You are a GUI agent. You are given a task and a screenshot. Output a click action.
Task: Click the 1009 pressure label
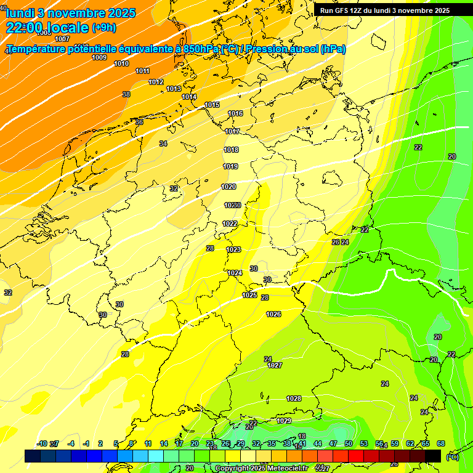[99, 57]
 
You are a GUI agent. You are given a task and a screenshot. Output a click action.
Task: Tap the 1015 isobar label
[212, 105]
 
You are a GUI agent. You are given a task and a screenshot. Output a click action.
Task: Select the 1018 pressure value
[231, 150]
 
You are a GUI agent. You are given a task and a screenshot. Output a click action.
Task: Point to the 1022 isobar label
[230, 224]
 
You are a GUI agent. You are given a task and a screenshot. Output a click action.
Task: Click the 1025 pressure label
[249, 295]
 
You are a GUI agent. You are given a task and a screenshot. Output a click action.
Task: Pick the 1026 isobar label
[273, 314]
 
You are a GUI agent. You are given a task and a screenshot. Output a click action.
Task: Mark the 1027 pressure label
[275, 365]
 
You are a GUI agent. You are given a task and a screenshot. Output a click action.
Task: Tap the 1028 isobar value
[294, 398]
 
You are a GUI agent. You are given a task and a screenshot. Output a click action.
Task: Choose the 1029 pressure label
[284, 421]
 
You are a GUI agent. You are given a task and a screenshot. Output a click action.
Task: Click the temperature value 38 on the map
[126, 94]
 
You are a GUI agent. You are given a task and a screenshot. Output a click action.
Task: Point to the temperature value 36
[139, 122]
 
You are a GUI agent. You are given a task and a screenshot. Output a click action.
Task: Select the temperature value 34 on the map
[163, 144]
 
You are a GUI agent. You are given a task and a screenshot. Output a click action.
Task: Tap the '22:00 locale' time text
[47, 28]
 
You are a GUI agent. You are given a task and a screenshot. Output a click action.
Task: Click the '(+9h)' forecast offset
[103, 28]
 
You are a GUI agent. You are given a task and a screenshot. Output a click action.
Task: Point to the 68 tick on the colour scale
[440, 443]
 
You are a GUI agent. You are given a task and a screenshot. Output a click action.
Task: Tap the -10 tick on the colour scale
[42, 443]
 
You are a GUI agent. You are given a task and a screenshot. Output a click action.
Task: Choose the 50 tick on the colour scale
[348, 443]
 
